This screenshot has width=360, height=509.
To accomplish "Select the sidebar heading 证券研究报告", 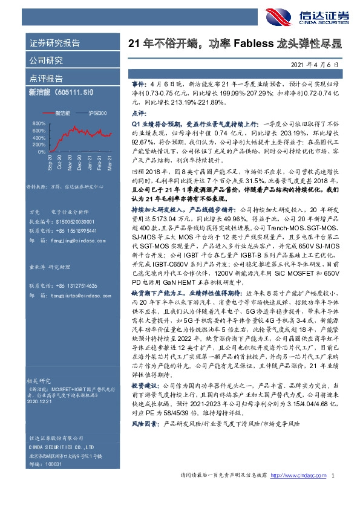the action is [x=54, y=43].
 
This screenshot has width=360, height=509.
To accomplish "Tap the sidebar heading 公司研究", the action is [x=46, y=60].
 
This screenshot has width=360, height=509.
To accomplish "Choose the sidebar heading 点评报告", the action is [x=46, y=79].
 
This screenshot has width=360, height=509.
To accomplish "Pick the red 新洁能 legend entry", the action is [x=64, y=112].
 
